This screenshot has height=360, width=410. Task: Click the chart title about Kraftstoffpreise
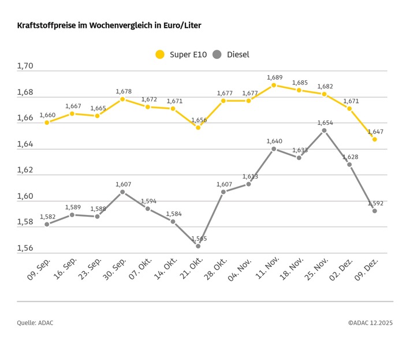pyautogui.click(x=109, y=26)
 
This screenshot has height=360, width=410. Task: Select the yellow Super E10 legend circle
pyautogui.click(x=160, y=55)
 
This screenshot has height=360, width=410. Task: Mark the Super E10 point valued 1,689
pyautogui.click(x=274, y=85)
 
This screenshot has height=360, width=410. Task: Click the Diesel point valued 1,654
pyautogui.click(x=324, y=131)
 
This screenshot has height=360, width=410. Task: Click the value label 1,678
pyautogui.click(x=124, y=91)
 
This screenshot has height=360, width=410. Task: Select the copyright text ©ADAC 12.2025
pyautogui.click(x=370, y=323)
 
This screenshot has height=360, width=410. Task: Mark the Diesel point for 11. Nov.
pyautogui.click(x=274, y=149)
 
